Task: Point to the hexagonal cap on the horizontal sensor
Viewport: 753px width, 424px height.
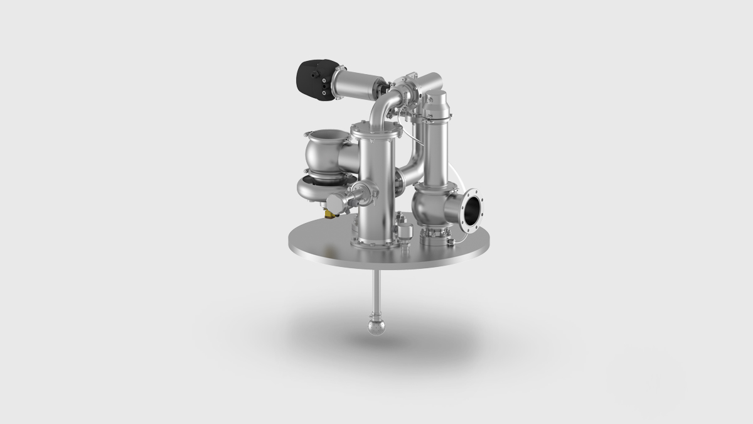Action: (336, 200)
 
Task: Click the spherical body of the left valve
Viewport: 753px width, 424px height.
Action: (324, 157)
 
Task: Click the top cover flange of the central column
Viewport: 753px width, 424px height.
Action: (375, 129)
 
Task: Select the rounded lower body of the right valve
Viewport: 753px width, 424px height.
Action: (430, 207)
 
